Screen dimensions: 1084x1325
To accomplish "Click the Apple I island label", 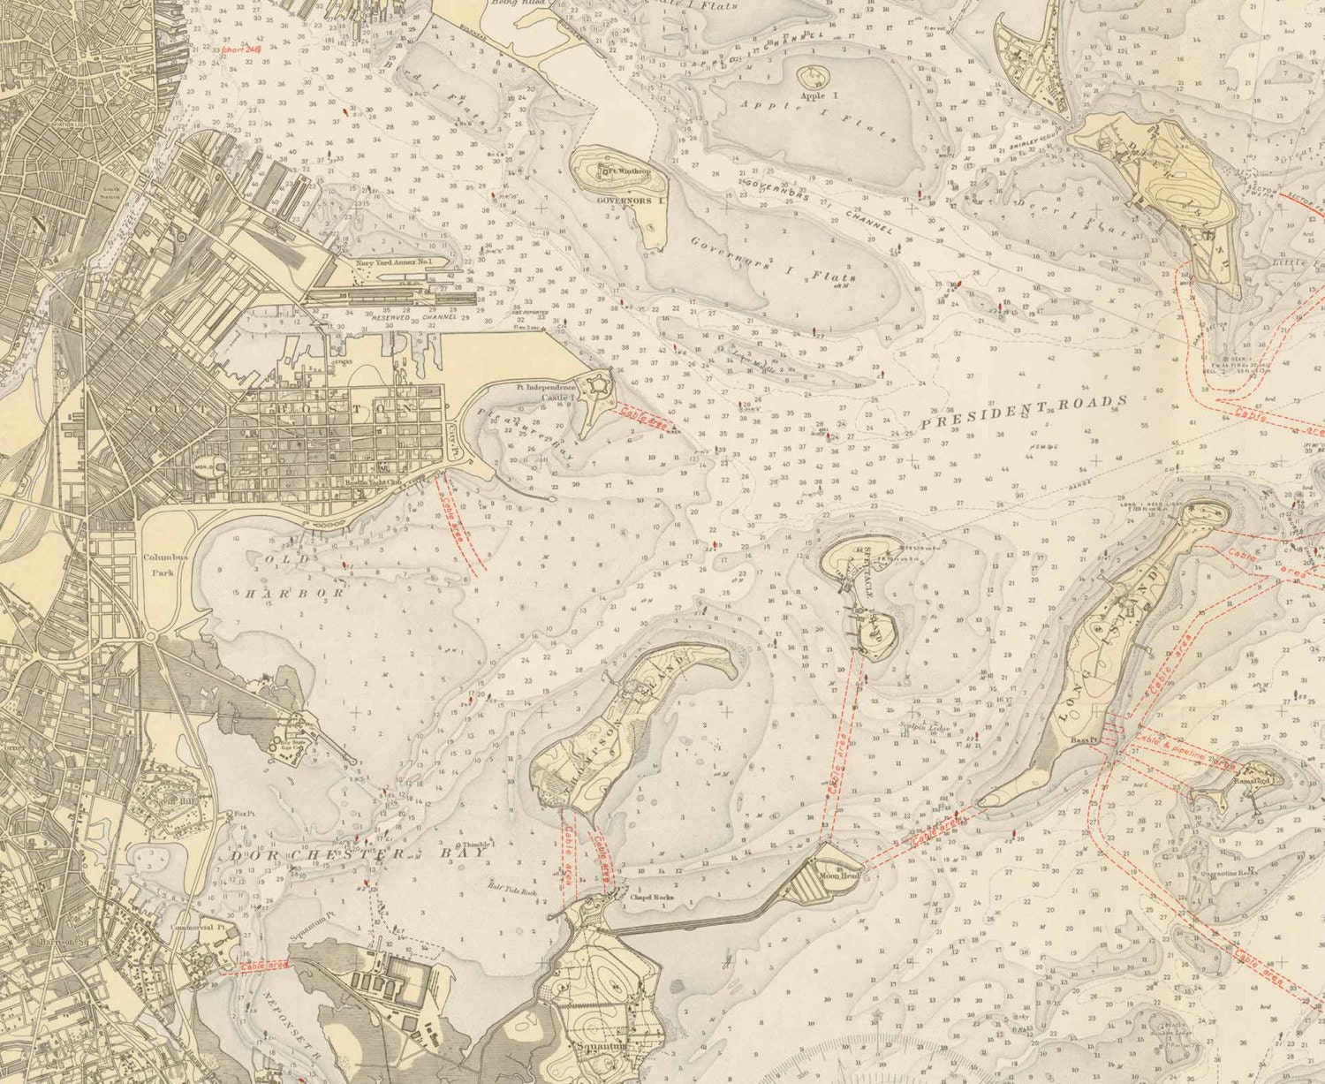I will pos(813,93).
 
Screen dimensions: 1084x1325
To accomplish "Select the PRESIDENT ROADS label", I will pos(1024,412).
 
